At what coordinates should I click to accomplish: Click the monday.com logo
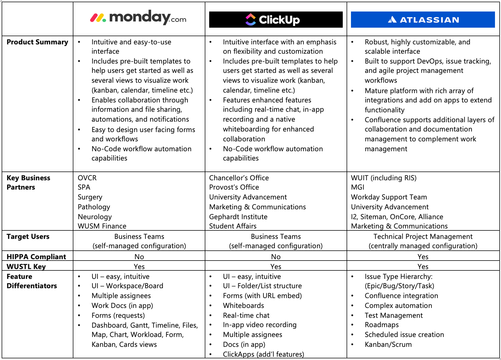click(x=138, y=18)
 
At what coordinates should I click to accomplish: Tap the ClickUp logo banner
click(x=276, y=19)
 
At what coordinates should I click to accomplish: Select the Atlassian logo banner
click(x=423, y=19)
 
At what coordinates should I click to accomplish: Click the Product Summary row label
click(x=38, y=42)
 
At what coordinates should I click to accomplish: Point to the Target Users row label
click(x=28, y=236)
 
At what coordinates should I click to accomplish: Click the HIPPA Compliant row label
click(x=36, y=257)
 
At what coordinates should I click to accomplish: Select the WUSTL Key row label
click(x=26, y=267)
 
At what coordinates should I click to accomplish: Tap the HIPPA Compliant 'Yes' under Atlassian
click(x=423, y=257)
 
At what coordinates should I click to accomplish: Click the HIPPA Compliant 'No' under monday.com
click(x=139, y=257)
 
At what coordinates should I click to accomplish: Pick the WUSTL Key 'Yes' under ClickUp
click(x=276, y=267)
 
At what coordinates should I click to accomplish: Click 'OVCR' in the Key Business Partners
click(x=87, y=178)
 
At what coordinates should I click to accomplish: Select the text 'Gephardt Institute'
click(x=238, y=217)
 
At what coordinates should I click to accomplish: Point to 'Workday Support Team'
click(x=389, y=197)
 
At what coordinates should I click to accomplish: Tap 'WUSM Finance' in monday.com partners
click(x=102, y=226)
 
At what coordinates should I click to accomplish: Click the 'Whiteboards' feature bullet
click(x=243, y=305)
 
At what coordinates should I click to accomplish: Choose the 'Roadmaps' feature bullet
click(x=382, y=325)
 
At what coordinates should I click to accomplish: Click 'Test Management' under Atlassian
click(x=394, y=315)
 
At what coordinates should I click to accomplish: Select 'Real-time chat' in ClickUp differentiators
click(x=246, y=315)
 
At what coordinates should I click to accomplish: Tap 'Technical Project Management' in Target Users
click(x=423, y=236)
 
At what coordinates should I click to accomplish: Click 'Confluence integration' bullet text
click(x=401, y=296)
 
